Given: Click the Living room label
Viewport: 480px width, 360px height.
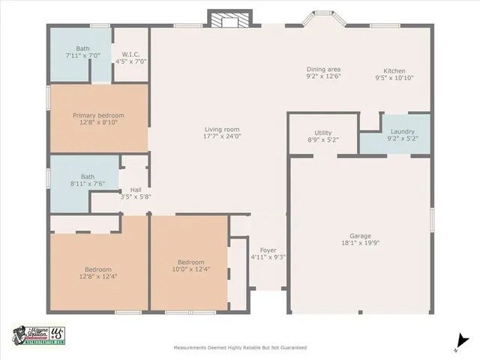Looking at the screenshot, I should point(222,129).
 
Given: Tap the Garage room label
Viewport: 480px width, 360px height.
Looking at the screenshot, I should point(360,235).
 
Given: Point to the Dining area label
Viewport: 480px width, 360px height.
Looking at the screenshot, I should point(324,69).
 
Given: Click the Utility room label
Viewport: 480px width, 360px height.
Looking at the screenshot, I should point(324,131).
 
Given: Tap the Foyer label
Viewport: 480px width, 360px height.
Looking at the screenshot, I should point(268,250).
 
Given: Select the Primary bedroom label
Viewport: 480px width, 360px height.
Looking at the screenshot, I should point(97,115).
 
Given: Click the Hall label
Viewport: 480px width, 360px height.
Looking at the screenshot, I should point(136,190).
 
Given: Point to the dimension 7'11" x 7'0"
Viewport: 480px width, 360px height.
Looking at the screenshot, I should point(82,55).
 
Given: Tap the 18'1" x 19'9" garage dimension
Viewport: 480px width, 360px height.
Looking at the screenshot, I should point(360,243).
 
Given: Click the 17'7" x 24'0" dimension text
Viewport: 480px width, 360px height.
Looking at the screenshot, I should point(222,136).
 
